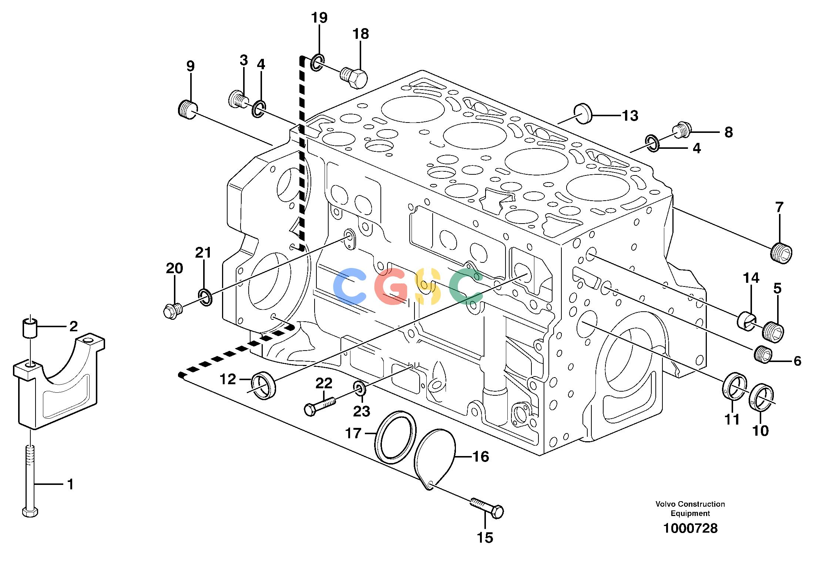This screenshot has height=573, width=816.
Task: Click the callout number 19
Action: click(319, 17)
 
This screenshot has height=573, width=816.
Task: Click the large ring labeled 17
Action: click(393, 437)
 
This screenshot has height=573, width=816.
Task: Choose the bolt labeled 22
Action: click(320, 406)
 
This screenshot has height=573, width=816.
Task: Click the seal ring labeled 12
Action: click(263, 385)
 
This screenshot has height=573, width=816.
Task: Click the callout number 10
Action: click(760, 430)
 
